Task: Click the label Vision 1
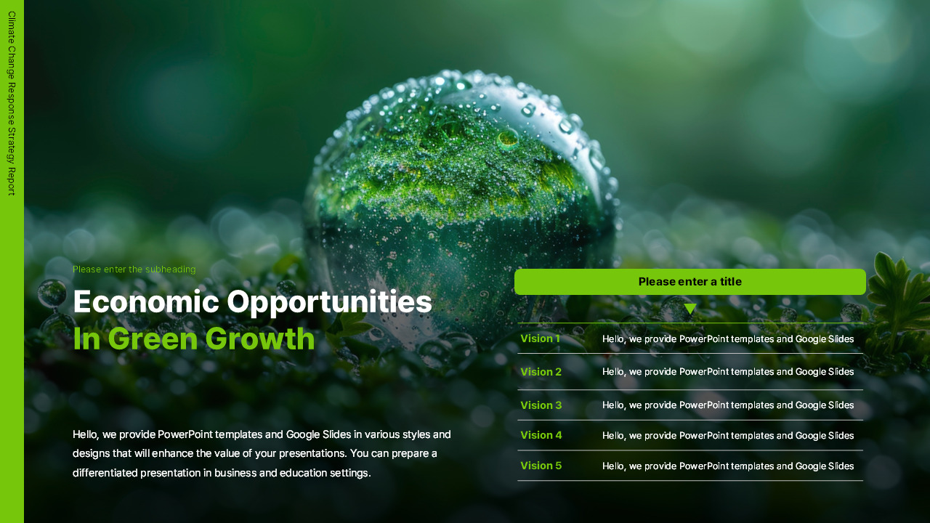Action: click(x=540, y=338)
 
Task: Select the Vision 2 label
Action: click(x=541, y=372)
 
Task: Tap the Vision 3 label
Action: click(x=541, y=405)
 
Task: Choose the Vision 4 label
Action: click(x=541, y=435)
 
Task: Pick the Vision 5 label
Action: click(x=541, y=466)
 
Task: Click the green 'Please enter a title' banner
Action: click(x=690, y=282)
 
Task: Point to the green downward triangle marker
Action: click(x=690, y=309)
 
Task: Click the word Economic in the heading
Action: click(x=146, y=301)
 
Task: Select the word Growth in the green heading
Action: click(x=260, y=338)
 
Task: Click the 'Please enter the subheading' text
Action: click(x=134, y=269)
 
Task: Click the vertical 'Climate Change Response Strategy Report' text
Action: click(x=12, y=103)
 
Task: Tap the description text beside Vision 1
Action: click(x=728, y=339)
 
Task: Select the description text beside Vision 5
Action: click(x=728, y=466)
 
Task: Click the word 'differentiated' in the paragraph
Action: click(x=105, y=473)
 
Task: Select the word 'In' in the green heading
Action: click(x=86, y=338)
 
